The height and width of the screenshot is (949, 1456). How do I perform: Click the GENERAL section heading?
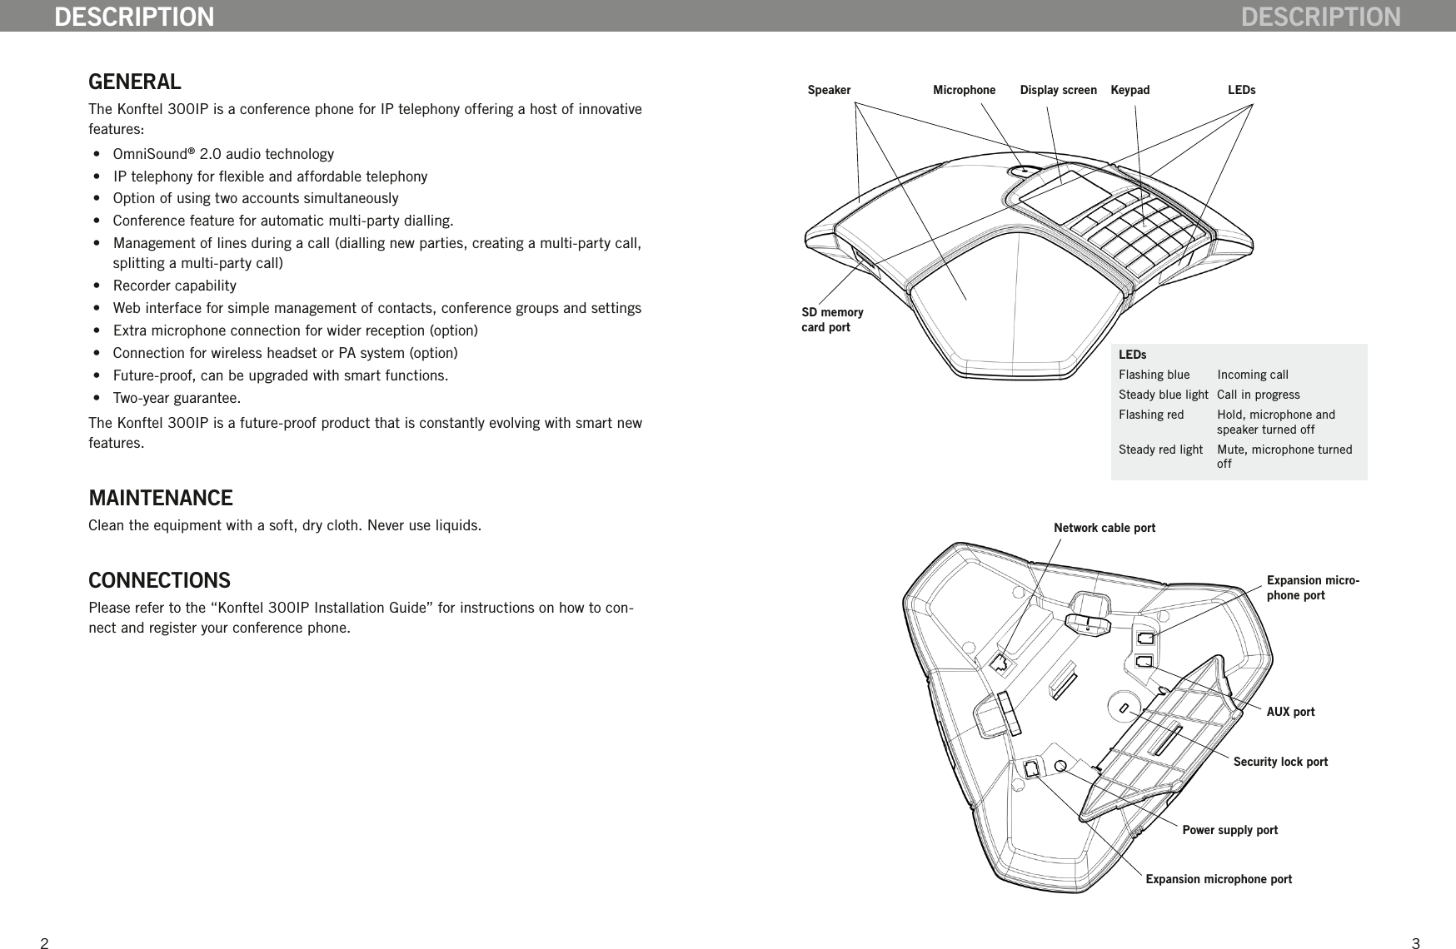(134, 82)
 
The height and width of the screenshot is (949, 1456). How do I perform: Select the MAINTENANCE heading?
(160, 498)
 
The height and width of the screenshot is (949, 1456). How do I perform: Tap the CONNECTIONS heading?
(159, 579)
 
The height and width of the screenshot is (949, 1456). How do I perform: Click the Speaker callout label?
(829, 90)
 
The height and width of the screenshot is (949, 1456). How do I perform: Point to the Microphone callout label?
(964, 90)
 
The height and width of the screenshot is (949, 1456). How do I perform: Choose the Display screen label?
(1058, 90)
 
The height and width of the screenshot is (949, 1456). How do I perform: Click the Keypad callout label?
(1129, 90)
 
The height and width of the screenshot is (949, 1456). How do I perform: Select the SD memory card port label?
(831, 320)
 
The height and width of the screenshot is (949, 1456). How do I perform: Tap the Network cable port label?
(1104, 528)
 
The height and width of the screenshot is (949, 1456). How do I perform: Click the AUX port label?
(1290, 712)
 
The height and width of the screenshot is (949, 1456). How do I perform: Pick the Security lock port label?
(1280, 762)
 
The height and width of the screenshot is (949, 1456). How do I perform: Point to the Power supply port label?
(1229, 830)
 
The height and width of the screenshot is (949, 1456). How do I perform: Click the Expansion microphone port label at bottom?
(1219, 879)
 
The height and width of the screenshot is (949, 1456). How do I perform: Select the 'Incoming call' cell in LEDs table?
(1252, 375)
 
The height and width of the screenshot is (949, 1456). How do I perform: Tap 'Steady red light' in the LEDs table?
(1160, 450)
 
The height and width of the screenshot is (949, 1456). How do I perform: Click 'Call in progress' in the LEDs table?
(1258, 395)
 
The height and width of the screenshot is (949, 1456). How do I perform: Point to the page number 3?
(1415, 943)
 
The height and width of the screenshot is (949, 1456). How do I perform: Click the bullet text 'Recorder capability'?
(174, 286)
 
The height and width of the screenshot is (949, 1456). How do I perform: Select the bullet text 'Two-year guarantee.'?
(177, 397)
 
